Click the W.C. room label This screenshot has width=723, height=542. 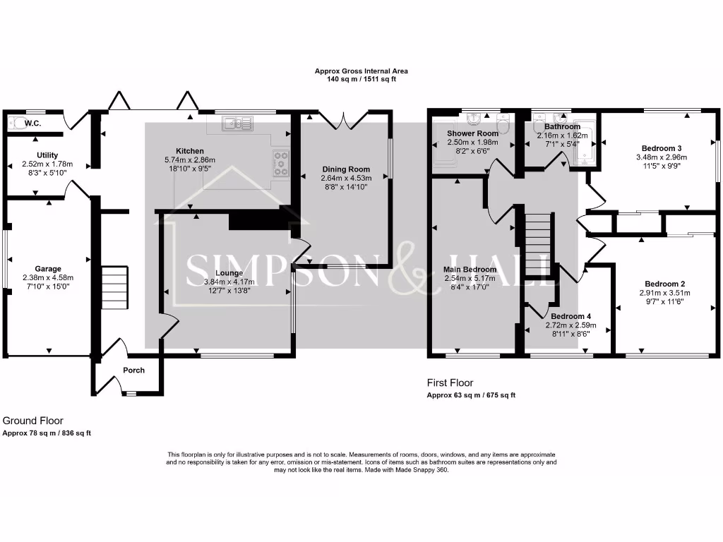coord(31,124)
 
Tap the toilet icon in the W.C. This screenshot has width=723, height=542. coord(16,123)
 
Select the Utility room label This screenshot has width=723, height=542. coord(47,155)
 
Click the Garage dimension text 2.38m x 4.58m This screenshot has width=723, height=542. coord(49,278)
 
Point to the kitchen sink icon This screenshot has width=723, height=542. coord(239,124)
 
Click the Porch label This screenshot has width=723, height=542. coord(134,370)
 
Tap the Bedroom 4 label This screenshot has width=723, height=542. coord(570,316)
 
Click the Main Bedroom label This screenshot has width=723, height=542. coord(470,269)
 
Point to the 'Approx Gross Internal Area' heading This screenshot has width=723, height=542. coord(361,71)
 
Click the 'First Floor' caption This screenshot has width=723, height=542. coord(449,382)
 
